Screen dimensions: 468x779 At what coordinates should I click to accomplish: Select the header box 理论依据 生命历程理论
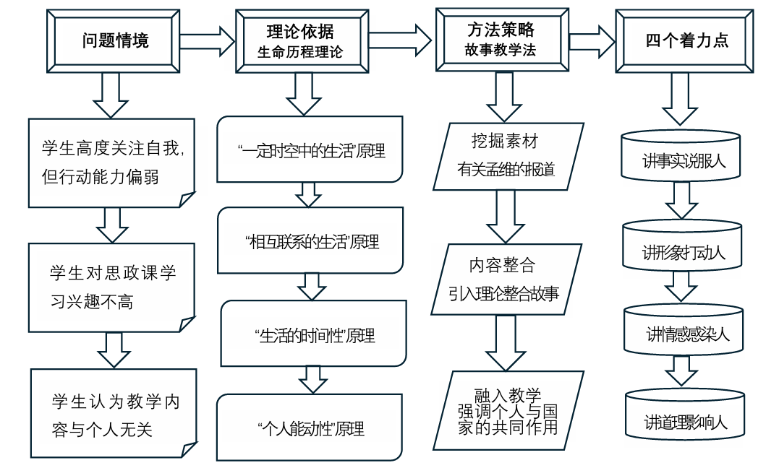click(x=300, y=41)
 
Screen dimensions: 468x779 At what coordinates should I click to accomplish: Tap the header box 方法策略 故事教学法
click(x=501, y=40)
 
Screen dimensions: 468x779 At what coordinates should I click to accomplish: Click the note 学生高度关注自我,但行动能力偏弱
click(x=112, y=163)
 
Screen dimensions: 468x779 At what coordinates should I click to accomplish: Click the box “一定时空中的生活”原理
click(x=310, y=151)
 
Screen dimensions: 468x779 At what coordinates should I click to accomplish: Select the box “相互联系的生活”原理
click(x=310, y=241)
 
